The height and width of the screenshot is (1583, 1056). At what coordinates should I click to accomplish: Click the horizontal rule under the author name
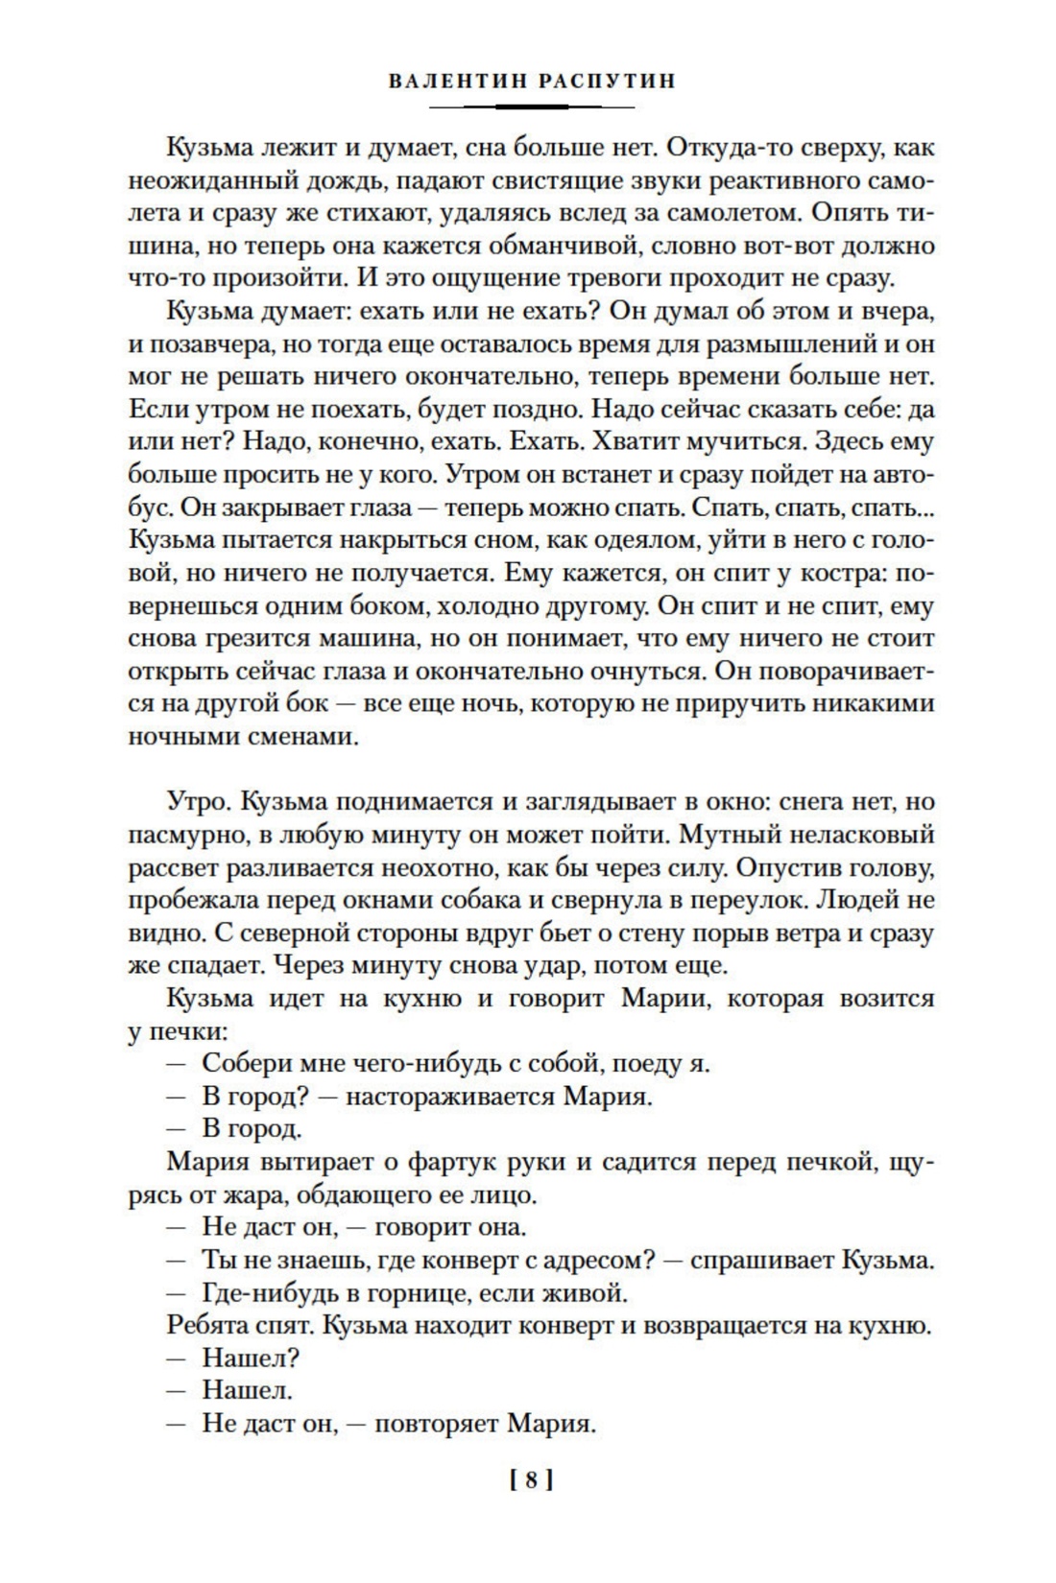coord(528,106)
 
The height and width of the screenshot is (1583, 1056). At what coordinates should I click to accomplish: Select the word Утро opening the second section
coord(195,801)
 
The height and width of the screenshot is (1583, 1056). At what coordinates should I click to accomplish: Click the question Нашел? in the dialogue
coord(251,1358)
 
